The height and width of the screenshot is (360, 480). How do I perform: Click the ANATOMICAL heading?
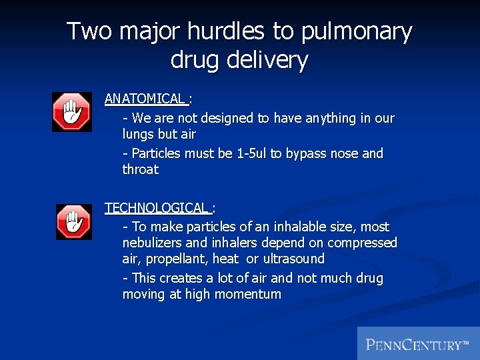tap(145, 99)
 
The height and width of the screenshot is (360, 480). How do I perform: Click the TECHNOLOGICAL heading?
tap(157, 208)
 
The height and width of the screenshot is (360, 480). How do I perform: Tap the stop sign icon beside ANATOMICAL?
tap(72, 112)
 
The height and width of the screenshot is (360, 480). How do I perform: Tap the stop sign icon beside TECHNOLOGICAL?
tap(73, 222)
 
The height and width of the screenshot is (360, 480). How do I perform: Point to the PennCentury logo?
tap(418, 345)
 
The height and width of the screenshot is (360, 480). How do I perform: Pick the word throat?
tap(141, 169)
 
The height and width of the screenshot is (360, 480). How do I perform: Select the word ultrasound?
tap(293, 259)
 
